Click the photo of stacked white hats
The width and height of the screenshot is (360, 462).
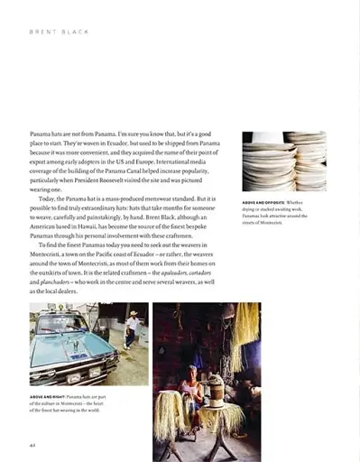[283, 162]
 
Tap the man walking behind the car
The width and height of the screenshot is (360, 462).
[132, 330]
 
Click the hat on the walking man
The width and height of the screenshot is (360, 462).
[133, 315]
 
